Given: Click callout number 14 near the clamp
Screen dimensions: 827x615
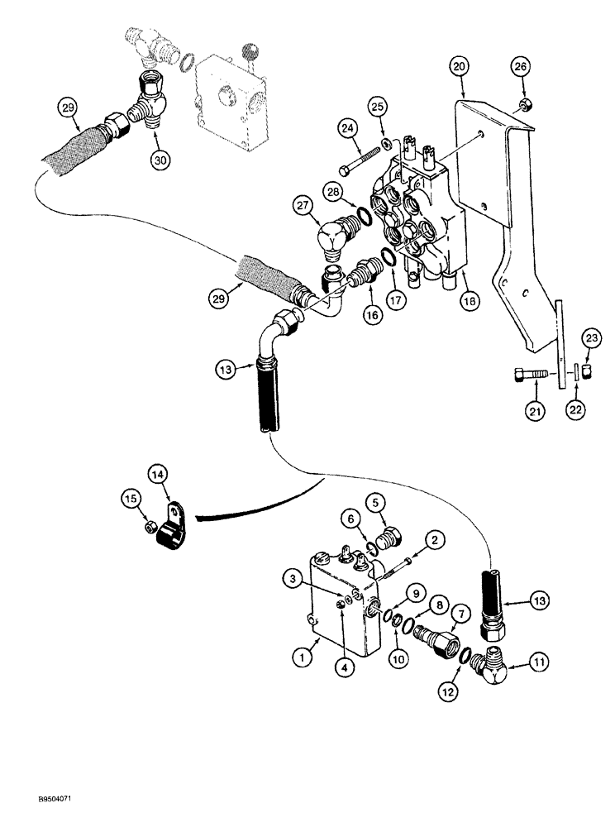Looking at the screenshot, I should [x=157, y=474].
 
